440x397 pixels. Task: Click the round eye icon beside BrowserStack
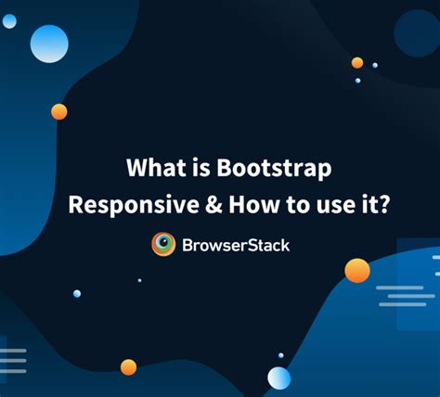point(163,244)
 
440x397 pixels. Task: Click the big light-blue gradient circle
point(49,44)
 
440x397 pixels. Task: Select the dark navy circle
point(416,33)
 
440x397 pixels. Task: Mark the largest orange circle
point(357,270)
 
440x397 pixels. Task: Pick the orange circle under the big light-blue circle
point(59,111)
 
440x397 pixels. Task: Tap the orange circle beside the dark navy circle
point(357,63)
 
